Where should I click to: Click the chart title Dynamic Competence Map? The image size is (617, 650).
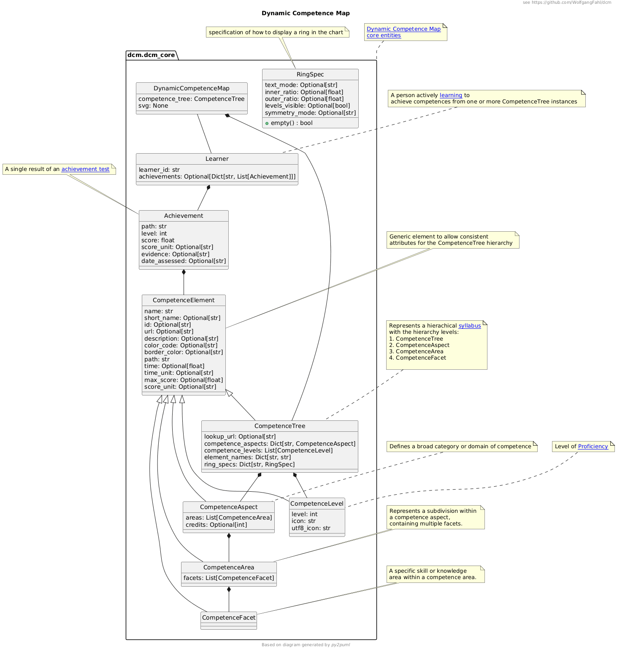pos(306,13)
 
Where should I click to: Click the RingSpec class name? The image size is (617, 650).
pos(310,74)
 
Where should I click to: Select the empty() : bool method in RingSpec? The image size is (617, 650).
pos(291,123)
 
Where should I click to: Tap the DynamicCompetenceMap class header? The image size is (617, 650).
pos(192,88)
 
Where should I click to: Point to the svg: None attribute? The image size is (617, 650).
pos(153,106)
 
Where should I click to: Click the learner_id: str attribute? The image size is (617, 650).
pos(159,170)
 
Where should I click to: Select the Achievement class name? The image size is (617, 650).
pos(184,216)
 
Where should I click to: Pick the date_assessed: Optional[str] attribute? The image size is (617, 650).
pos(184,261)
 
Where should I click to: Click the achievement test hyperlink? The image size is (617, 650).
pos(85,169)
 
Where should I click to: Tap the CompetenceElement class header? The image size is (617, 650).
pos(184,300)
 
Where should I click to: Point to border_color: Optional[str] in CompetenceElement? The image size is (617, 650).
pos(184,352)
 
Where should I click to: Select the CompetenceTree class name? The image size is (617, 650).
pos(280,426)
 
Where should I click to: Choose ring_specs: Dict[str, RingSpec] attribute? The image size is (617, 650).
pos(249,464)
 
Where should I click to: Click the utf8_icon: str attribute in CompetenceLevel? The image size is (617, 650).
pos(311,528)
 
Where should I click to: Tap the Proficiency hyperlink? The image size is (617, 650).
pos(593,447)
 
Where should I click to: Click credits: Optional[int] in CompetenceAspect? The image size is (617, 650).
pos(216,525)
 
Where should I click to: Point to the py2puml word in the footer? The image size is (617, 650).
pos(340,645)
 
